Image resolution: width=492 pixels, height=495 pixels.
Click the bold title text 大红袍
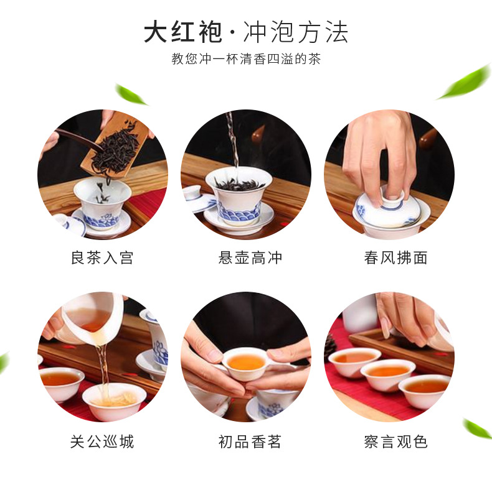tap(182, 32)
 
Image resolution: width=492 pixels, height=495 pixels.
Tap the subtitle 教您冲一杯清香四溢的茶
tap(246, 60)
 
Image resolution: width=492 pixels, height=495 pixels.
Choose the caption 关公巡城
tap(102, 442)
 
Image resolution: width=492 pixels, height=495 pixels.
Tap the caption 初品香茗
tap(246, 442)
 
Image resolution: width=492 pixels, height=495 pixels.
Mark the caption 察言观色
tap(389, 442)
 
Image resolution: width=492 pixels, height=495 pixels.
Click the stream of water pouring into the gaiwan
tap(232, 140)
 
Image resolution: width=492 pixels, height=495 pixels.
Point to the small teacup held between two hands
tap(245, 363)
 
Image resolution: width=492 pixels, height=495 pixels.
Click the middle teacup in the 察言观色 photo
tap(387, 373)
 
